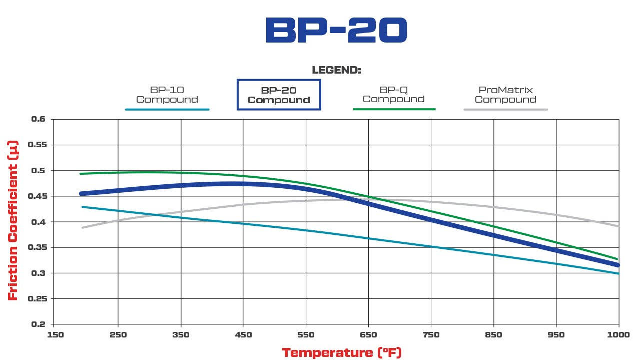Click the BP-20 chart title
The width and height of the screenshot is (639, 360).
click(336, 30)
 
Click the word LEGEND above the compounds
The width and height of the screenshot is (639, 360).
click(336, 70)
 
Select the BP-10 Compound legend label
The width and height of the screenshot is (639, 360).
click(167, 95)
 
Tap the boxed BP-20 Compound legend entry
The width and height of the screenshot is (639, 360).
click(279, 95)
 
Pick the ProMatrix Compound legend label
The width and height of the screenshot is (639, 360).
click(505, 95)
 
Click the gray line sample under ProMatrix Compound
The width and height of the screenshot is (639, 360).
click(505, 109)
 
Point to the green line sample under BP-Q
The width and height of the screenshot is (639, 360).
click(394, 109)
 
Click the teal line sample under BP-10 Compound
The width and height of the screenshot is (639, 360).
click(167, 109)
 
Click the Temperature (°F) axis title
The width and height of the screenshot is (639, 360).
click(342, 352)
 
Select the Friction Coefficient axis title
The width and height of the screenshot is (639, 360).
click(14, 220)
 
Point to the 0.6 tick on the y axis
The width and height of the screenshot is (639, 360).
click(39, 119)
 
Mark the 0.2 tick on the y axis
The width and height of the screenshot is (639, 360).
click(39, 324)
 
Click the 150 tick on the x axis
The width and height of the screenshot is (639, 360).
click(56, 334)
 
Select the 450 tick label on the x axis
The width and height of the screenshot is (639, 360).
click(243, 334)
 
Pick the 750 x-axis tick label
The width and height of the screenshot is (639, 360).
click(431, 334)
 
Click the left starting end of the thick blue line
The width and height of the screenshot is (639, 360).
click(82, 193)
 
